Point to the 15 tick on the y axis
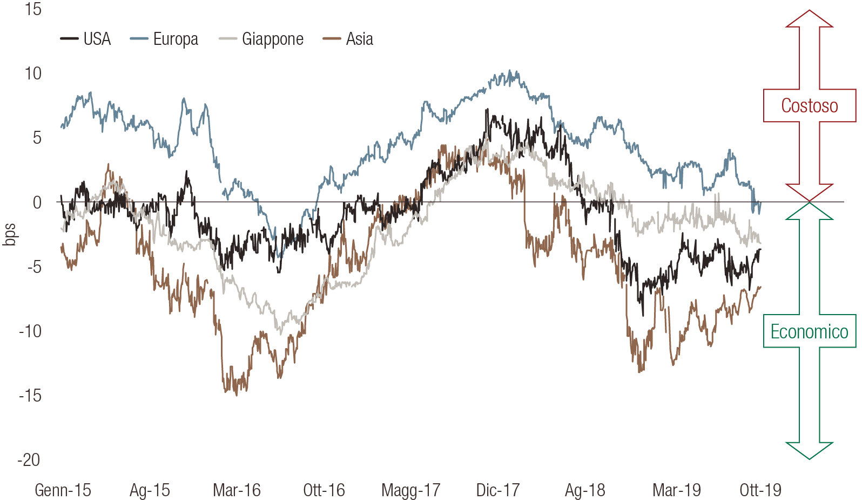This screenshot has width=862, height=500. click(x=32, y=9)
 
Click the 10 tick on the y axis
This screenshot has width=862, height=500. click(x=32, y=74)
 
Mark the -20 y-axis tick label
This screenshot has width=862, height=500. click(x=29, y=460)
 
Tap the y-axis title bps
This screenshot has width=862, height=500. click(x=9, y=234)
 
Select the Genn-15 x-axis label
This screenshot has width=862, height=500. click(x=63, y=490)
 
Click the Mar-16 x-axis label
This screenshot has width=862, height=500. click(x=237, y=490)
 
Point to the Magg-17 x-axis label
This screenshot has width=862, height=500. click(x=410, y=490)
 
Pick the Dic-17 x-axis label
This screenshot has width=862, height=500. click(x=497, y=490)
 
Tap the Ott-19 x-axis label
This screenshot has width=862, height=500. click(x=760, y=490)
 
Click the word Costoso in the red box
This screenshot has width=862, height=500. click(x=809, y=106)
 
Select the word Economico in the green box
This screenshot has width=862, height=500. click(x=809, y=331)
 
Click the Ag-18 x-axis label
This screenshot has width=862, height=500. click(x=585, y=490)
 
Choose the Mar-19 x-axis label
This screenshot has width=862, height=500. click(x=676, y=490)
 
